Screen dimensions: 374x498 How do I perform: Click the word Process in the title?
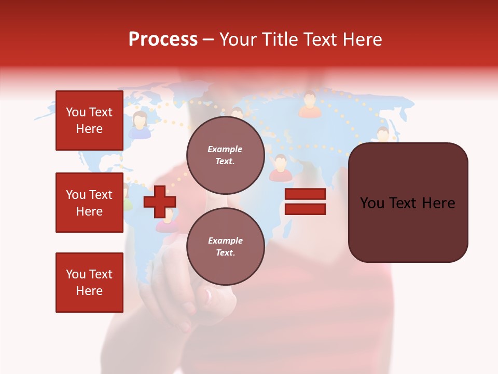tap(163, 39)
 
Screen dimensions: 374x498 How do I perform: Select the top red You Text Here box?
tap(89, 121)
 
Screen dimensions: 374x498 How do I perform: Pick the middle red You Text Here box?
tap(89, 203)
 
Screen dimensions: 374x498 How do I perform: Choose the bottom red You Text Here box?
tap(89, 282)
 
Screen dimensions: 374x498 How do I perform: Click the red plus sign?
tap(160, 202)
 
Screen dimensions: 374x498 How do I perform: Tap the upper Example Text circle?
tap(225, 155)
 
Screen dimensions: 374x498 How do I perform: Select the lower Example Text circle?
tap(225, 246)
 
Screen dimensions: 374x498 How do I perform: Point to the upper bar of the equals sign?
tap(305, 194)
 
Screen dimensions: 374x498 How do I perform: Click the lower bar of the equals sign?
tap(305, 209)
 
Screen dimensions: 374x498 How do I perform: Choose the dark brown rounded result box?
tap(408, 202)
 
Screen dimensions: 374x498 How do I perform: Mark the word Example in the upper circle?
tap(225, 149)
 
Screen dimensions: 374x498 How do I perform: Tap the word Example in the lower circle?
tap(225, 241)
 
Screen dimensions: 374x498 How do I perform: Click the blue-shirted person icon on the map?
tap(140, 126)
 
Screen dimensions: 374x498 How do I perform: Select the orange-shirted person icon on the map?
tap(310, 105)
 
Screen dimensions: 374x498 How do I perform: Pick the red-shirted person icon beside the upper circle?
tap(280, 168)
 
